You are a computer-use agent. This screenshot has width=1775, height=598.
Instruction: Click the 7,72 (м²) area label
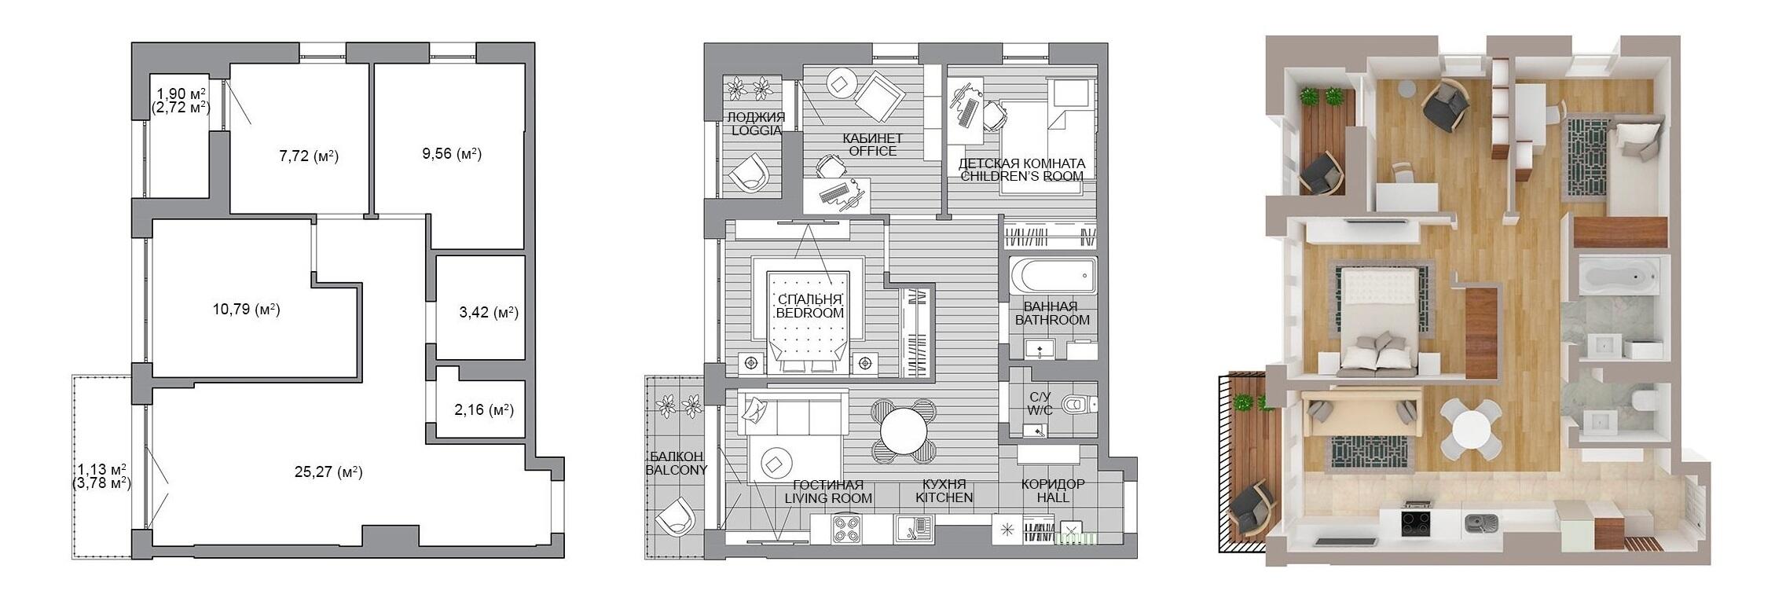tap(309, 156)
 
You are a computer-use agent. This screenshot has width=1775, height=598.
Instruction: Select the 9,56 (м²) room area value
tap(452, 154)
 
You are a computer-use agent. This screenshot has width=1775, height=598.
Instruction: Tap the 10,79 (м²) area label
tap(247, 310)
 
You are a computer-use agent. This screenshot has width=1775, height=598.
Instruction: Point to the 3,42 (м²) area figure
tap(489, 313)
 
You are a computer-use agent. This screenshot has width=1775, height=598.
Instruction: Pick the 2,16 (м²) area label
tap(484, 409)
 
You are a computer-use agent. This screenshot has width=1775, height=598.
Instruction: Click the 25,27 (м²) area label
tap(328, 472)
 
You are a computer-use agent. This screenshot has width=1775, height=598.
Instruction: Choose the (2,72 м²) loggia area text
tap(181, 107)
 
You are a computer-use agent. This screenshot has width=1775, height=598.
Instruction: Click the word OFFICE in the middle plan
tap(872, 151)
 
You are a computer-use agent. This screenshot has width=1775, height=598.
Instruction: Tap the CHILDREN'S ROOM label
tap(1022, 177)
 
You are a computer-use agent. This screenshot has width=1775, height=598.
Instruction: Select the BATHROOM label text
tap(1052, 320)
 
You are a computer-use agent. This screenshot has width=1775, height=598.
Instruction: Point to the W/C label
tap(1040, 411)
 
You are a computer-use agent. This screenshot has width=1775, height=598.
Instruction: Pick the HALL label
tap(1052, 497)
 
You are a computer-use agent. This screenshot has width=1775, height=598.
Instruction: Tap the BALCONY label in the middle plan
tap(677, 470)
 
